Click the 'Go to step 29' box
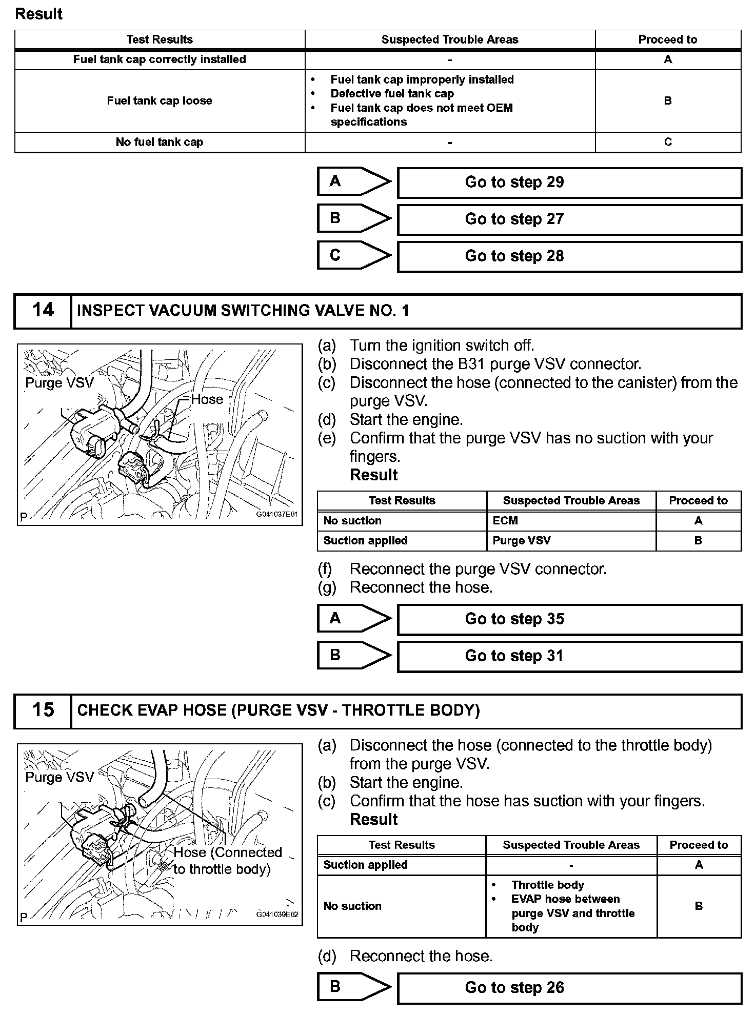click(569, 182)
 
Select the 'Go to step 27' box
click(569, 219)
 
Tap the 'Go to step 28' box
click(569, 256)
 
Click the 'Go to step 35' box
click(569, 619)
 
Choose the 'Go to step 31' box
click(569, 656)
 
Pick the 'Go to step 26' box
click(569, 988)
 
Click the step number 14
click(43, 310)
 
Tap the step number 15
click(43, 710)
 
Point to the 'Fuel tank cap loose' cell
click(160, 101)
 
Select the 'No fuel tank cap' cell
click(160, 143)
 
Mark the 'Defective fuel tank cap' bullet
click(392, 94)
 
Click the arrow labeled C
click(354, 255)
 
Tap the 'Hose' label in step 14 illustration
click(207, 399)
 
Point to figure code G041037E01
click(277, 514)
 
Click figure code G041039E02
click(277, 915)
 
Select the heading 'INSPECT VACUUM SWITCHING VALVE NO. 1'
click(243, 311)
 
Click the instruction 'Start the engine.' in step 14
click(406, 420)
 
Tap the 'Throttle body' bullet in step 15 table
click(547, 885)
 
